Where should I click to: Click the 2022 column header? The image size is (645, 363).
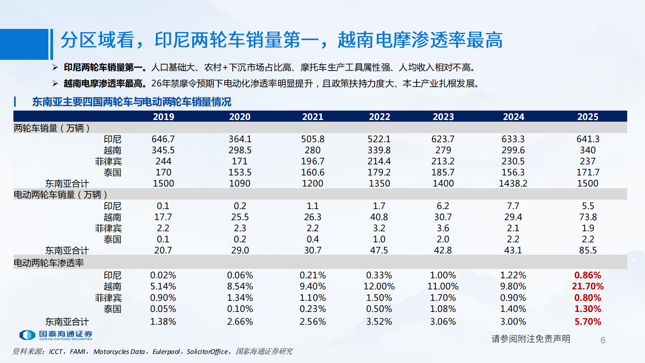[x=379, y=117]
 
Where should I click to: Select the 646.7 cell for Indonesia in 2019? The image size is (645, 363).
[x=163, y=139]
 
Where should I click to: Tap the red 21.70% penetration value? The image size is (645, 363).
[x=588, y=286]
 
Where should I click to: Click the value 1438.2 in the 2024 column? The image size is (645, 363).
[x=513, y=183]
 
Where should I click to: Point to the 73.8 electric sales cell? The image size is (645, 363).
[x=588, y=217]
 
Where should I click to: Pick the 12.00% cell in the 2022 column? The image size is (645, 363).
[x=379, y=286]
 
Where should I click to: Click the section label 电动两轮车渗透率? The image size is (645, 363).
[x=49, y=263]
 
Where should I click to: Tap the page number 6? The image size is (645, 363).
[x=603, y=340]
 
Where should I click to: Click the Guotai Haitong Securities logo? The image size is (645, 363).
[x=56, y=335]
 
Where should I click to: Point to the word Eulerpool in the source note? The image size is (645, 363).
[x=166, y=352]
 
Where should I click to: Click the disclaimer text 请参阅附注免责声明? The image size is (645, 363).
[x=530, y=339]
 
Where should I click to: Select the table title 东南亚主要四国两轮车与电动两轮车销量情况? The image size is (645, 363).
[x=132, y=102]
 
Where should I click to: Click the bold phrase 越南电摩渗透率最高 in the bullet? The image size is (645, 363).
[x=103, y=83]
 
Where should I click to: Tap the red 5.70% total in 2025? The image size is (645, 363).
[x=588, y=322]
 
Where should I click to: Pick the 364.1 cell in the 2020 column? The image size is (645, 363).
[x=240, y=139]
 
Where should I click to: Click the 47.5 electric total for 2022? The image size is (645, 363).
[x=379, y=250]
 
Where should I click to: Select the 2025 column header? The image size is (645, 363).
[x=588, y=117]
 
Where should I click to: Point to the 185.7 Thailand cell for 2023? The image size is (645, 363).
[x=443, y=172]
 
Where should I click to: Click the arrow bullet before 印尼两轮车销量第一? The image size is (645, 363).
[x=55, y=68]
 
